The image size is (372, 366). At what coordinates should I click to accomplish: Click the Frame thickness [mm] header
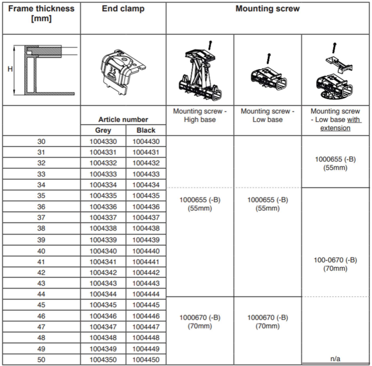(x=40, y=14)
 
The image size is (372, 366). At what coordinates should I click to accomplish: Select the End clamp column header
(x=123, y=9)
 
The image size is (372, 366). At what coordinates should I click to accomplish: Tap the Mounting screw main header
(x=267, y=9)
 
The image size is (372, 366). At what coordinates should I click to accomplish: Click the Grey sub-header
(x=103, y=130)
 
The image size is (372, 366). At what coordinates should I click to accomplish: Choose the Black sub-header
(x=146, y=130)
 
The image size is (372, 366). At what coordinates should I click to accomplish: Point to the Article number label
(x=123, y=119)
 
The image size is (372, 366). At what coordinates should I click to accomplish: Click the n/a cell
(x=336, y=359)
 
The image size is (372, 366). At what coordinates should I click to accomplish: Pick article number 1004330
(x=103, y=141)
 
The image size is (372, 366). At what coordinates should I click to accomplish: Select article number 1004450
(x=146, y=359)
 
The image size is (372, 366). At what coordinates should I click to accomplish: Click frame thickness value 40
(x=40, y=251)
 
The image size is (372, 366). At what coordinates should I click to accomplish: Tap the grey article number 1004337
(x=103, y=218)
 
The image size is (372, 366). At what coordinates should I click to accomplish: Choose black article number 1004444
(x=146, y=294)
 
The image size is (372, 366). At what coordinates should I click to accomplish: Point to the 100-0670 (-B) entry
(x=336, y=260)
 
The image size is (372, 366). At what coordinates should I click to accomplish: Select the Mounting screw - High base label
(x=199, y=115)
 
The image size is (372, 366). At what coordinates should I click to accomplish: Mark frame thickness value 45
(x=40, y=305)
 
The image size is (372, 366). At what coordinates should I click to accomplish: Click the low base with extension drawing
(x=336, y=70)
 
